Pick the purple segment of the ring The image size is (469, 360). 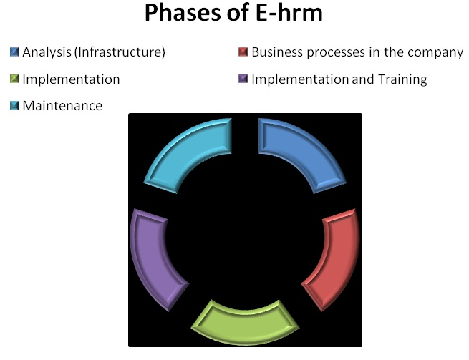tap(154, 258)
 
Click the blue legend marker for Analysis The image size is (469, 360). tap(14, 52)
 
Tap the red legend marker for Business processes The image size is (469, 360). tap(243, 52)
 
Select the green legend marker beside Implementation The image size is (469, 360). tap(14, 79)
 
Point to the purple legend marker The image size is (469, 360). tap(243, 79)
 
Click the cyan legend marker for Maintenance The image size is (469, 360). tap(14, 106)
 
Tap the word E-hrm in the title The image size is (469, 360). tap(291, 14)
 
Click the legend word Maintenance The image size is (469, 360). tap(62, 106)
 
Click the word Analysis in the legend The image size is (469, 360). tap(45, 52)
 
